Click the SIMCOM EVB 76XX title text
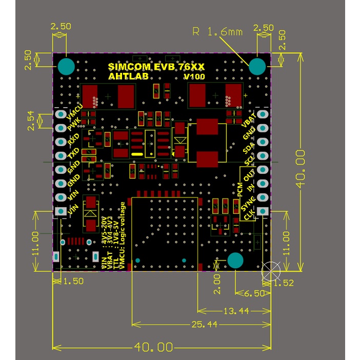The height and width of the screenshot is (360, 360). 157,67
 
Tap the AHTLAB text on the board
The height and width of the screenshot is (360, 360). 126,76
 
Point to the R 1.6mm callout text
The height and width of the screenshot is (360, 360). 217,32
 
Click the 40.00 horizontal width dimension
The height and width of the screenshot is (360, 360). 153,347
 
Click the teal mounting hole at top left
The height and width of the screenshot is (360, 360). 66,66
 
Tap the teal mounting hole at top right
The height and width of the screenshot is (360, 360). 257,66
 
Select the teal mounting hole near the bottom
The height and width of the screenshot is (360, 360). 235,261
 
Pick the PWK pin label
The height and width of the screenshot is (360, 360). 73,124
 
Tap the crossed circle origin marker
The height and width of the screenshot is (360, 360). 270,271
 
